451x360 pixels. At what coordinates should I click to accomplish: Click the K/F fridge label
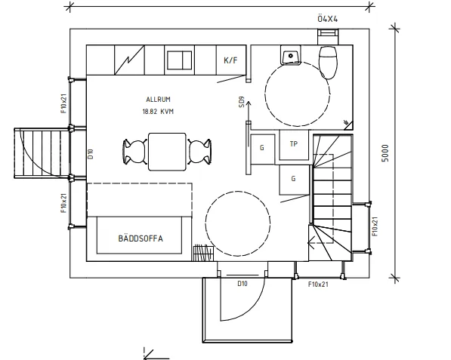click(230, 60)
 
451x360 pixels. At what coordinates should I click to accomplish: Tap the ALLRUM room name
click(158, 100)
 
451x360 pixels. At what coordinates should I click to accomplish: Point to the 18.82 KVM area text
click(158, 112)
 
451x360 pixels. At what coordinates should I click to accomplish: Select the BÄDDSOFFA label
click(141, 238)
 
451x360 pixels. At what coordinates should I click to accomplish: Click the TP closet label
click(294, 143)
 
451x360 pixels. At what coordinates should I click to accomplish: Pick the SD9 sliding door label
click(242, 102)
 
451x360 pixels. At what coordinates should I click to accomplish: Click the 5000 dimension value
click(385, 153)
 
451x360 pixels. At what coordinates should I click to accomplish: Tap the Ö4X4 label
click(328, 19)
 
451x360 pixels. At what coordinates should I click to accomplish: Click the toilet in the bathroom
click(328, 62)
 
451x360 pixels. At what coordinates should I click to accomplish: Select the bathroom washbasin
click(291, 55)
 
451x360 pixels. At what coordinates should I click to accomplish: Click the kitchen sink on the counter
click(180, 60)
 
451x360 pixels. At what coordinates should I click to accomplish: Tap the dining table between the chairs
click(167, 152)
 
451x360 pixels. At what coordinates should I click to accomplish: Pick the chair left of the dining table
click(135, 152)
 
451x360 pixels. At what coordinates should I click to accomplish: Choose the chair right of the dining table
click(199, 152)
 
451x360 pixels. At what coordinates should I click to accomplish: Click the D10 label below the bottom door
click(242, 284)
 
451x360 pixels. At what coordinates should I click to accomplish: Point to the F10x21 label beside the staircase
click(375, 226)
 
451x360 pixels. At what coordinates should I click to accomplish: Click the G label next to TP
click(261, 148)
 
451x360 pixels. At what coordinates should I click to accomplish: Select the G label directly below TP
click(293, 178)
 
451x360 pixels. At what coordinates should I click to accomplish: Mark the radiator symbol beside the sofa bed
click(204, 253)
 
